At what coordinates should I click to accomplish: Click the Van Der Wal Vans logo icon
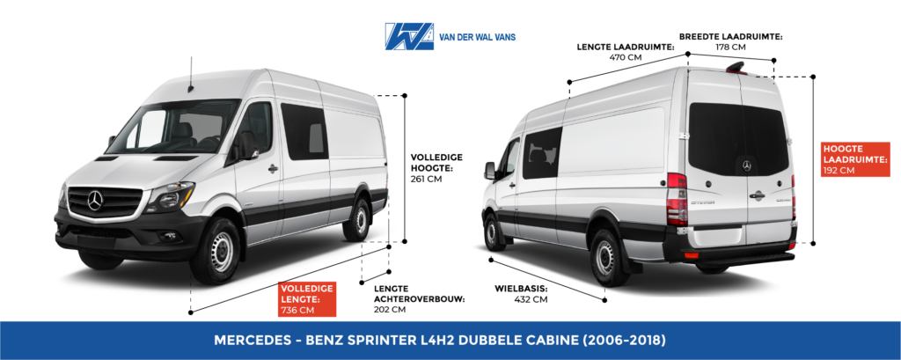(409, 36)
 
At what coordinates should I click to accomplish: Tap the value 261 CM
(426, 179)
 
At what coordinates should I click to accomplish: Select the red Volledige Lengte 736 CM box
(307, 299)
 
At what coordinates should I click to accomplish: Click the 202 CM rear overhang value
(390, 310)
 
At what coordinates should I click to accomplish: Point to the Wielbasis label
(521, 289)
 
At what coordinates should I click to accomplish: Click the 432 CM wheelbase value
(531, 299)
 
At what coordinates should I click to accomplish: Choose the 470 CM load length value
(626, 57)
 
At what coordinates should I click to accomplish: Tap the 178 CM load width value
(731, 48)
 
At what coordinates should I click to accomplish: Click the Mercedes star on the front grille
(95, 201)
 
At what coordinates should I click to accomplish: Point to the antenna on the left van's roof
(190, 74)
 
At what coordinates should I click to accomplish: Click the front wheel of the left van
(217, 252)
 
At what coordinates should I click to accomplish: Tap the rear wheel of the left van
(358, 220)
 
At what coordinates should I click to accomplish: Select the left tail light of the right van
(677, 200)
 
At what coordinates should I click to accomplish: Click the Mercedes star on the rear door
(746, 165)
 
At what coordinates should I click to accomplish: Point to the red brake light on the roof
(736, 68)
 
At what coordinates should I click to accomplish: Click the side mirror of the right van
(489, 171)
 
